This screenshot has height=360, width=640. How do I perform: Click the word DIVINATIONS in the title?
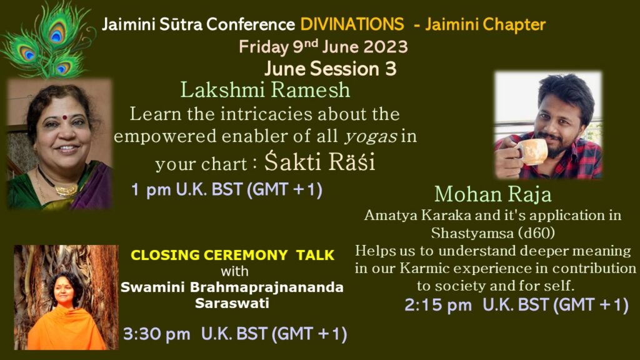coord(352,24)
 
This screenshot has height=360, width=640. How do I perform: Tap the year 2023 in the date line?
coord(385,47)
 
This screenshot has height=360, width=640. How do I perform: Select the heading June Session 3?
coord(330,69)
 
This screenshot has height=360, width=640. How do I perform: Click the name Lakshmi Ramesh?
coord(265,90)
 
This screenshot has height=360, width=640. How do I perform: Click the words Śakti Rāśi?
coord(319,162)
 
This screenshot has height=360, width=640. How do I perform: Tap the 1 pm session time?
coord(226,190)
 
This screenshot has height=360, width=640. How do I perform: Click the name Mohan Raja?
coord(492,194)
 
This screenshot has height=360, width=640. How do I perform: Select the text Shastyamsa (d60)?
coord(492,233)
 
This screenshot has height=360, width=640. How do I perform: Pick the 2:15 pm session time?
coord(516,305)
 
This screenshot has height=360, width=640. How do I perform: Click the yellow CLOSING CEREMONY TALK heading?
coord(232,255)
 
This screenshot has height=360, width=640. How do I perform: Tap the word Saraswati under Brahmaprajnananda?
coord(232,303)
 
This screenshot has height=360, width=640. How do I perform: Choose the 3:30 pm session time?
coord(235,334)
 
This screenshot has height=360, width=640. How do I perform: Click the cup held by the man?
coord(532,151)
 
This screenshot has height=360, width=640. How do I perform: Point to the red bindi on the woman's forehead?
coord(64,117)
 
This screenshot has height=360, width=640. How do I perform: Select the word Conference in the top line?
coord(250,24)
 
